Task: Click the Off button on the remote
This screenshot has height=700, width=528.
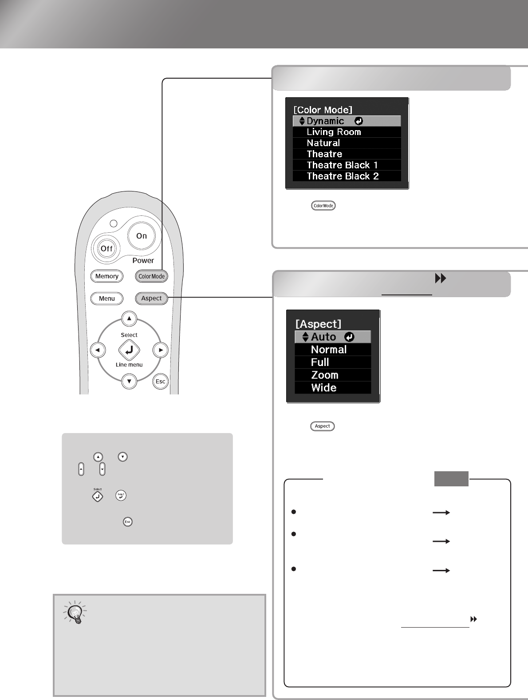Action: [106, 248]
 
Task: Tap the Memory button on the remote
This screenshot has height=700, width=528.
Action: [106, 276]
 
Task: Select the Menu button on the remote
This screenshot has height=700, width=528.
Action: [106, 298]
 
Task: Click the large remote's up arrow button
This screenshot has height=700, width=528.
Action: [129, 318]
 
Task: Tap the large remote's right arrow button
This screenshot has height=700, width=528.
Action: [161, 350]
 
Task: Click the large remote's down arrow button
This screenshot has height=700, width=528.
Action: [129, 382]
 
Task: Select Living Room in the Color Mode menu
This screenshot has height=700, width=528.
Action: [334, 132]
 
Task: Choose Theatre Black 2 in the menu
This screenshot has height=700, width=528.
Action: [343, 176]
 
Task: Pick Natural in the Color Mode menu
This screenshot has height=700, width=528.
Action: [323, 143]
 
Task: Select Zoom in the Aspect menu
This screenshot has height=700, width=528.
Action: [324, 375]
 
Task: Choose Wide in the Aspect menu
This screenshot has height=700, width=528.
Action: [324, 388]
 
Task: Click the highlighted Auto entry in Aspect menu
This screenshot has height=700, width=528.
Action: [333, 337]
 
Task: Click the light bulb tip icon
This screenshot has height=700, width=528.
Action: [75, 612]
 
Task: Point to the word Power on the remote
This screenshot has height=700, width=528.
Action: [143, 261]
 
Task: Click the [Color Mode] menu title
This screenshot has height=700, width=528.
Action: [323, 110]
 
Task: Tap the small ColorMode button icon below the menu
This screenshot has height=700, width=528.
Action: [323, 206]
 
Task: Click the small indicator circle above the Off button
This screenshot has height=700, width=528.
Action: [114, 223]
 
